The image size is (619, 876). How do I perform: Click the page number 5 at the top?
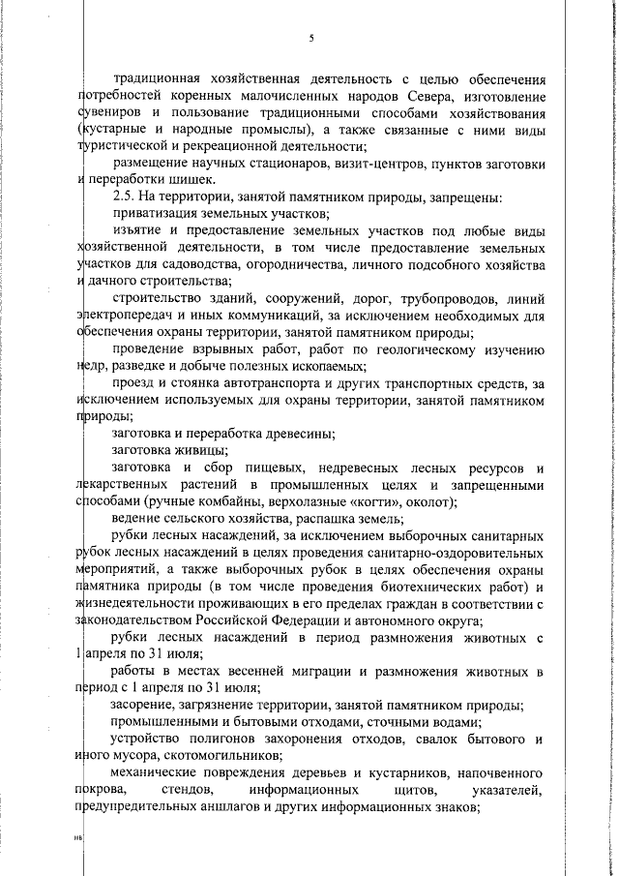[311, 39]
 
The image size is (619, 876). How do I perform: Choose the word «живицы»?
[202, 450]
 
